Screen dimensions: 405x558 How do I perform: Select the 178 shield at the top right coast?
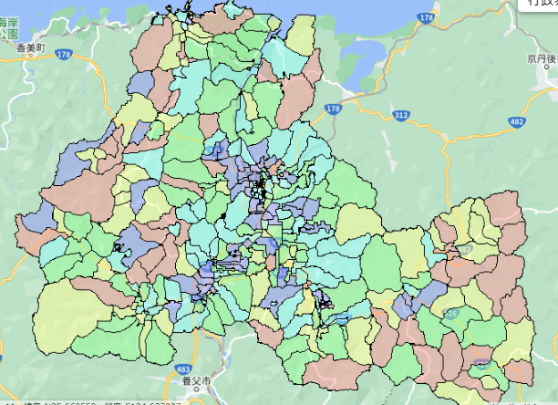pyautogui.click(x=425, y=17)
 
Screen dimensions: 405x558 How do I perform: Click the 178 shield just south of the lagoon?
pyautogui.click(x=332, y=109)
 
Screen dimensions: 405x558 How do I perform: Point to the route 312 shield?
pyautogui.click(x=400, y=115)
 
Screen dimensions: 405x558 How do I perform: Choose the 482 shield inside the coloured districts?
pyautogui.click(x=465, y=248)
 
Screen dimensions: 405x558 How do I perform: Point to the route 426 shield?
pyautogui.click(x=449, y=313)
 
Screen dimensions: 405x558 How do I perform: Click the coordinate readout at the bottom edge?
pyautogui.click(x=109, y=401)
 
